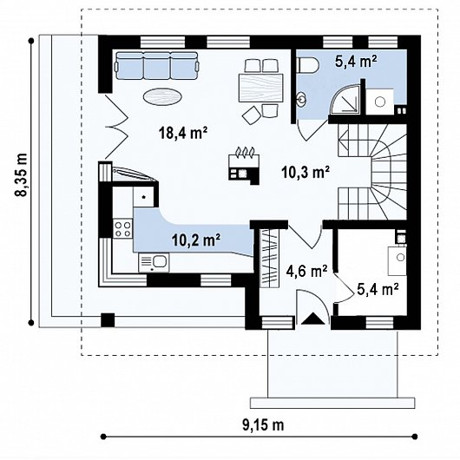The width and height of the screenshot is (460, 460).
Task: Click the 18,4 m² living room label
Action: [183, 133]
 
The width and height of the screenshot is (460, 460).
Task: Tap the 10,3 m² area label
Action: [306, 172]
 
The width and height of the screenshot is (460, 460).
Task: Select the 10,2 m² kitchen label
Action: [196, 240]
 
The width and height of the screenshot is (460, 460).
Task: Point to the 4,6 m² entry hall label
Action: [306, 271]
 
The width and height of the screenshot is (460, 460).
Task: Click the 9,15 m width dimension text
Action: [263, 424]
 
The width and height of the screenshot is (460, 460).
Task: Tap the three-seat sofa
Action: [156, 65]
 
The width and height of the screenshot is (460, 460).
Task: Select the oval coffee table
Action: [162, 96]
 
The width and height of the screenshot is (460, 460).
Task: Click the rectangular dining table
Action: [260, 88]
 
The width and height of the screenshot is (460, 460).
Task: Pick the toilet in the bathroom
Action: [308, 64]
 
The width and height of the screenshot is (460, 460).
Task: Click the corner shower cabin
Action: [345, 99]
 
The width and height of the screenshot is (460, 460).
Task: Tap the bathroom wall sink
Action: [300, 99]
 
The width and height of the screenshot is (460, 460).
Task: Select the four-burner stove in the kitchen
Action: [122, 229]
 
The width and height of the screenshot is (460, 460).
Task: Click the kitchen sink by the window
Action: [154, 262]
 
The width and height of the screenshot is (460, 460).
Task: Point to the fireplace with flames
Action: [244, 166]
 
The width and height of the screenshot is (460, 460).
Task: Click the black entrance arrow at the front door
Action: [313, 319]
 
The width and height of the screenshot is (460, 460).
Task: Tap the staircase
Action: [372, 172]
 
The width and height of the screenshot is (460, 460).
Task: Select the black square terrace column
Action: [108, 320]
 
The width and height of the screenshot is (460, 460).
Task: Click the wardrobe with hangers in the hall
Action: [269, 258]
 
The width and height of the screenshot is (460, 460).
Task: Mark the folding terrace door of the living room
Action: [117, 127]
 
